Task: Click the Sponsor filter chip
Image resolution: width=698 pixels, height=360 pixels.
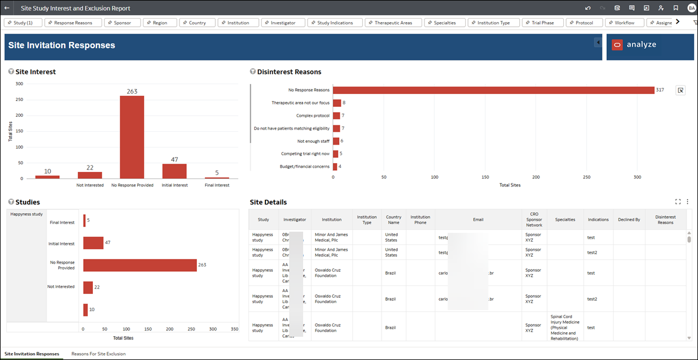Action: (x=122, y=23)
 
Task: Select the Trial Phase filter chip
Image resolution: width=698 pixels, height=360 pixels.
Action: (x=539, y=23)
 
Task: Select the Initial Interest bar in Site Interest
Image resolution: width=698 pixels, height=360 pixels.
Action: (x=174, y=171)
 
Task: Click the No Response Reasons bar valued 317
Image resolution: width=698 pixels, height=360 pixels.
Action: (x=494, y=90)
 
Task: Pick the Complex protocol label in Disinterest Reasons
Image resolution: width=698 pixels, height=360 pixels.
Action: (x=312, y=116)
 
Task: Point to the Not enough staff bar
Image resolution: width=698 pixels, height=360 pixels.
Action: (x=336, y=141)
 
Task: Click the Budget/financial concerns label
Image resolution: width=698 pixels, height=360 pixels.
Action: (x=304, y=167)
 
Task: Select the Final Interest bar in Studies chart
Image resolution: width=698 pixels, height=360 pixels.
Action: (x=84, y=221)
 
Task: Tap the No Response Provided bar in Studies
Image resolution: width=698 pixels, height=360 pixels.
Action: (x=139, y=265)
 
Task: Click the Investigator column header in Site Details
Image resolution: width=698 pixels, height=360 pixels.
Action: (x=295, y=219)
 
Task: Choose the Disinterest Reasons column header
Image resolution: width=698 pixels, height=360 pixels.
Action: (x=665, y=219)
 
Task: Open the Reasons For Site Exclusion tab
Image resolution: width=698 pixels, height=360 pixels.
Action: (x=98, y=354)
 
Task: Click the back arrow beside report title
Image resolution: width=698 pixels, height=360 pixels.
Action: (x=7, y=8)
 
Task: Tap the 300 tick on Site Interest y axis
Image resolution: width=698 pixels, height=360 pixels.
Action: (x=19, y=84)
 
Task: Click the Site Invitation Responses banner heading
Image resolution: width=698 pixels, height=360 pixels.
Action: (x=62, y=45)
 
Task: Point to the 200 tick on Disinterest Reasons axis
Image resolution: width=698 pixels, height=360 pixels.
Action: (x=536, y=177)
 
